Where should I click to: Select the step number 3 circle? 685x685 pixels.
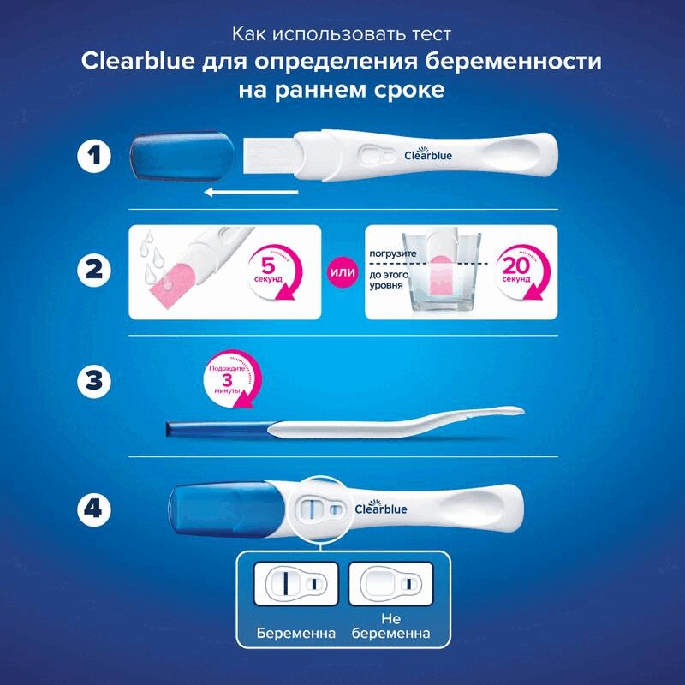(95, 383)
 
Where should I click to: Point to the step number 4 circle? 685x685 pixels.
(95, 509)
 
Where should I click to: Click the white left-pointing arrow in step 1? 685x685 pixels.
(251, 193)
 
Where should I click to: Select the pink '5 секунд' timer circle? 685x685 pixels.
(273, 271)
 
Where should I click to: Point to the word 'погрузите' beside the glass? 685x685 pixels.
(393, 254)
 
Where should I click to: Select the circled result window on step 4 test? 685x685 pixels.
(322, 509)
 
